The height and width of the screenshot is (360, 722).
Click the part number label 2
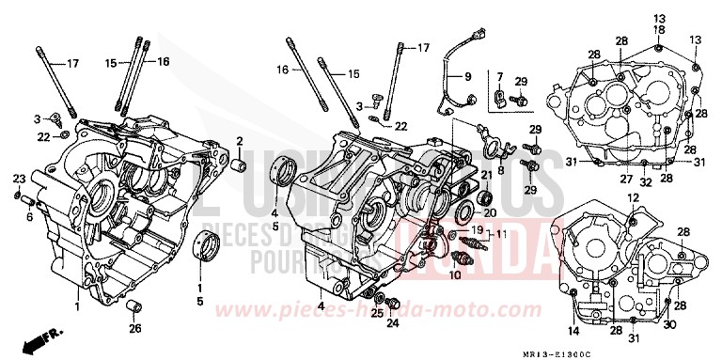tap(240, 142)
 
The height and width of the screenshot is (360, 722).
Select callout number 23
tap(19, 179)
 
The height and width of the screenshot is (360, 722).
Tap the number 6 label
tap(29, 216)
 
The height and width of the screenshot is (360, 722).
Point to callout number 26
tap(135, 327)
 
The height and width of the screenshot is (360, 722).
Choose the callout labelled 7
tap(501, 75)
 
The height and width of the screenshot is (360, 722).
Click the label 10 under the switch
tap(455, 274)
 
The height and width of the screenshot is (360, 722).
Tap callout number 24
tap(393, 323)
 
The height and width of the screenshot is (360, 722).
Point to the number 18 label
tap(656, 31)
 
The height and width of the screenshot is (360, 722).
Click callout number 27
tap(623, 180)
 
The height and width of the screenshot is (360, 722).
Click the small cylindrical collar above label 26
tap(133, 306)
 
